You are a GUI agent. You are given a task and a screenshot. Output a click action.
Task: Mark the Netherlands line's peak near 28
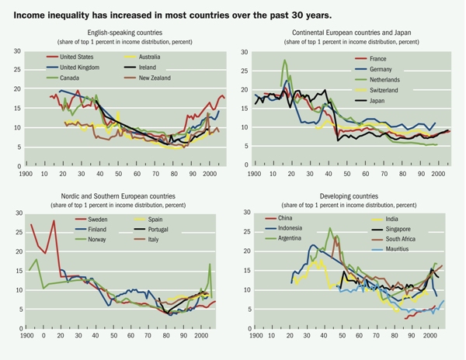click(285, 61)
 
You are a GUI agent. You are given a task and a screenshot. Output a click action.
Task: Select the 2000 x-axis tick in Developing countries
click(426, 340)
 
